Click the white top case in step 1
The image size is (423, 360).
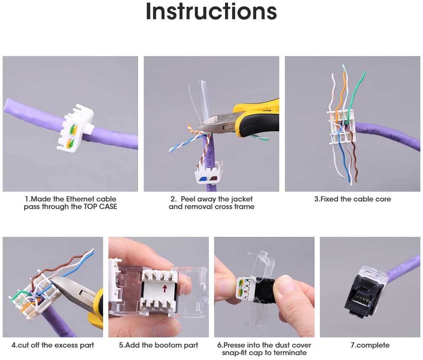pyautogui.click(x=75, y=127)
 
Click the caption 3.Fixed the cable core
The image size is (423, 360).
pyautogui.click(x=353, y=199)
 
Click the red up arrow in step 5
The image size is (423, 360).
pyautogui.click(x=165, y=289)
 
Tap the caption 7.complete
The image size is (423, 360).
pyautogui.click(x=370, y=345)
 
